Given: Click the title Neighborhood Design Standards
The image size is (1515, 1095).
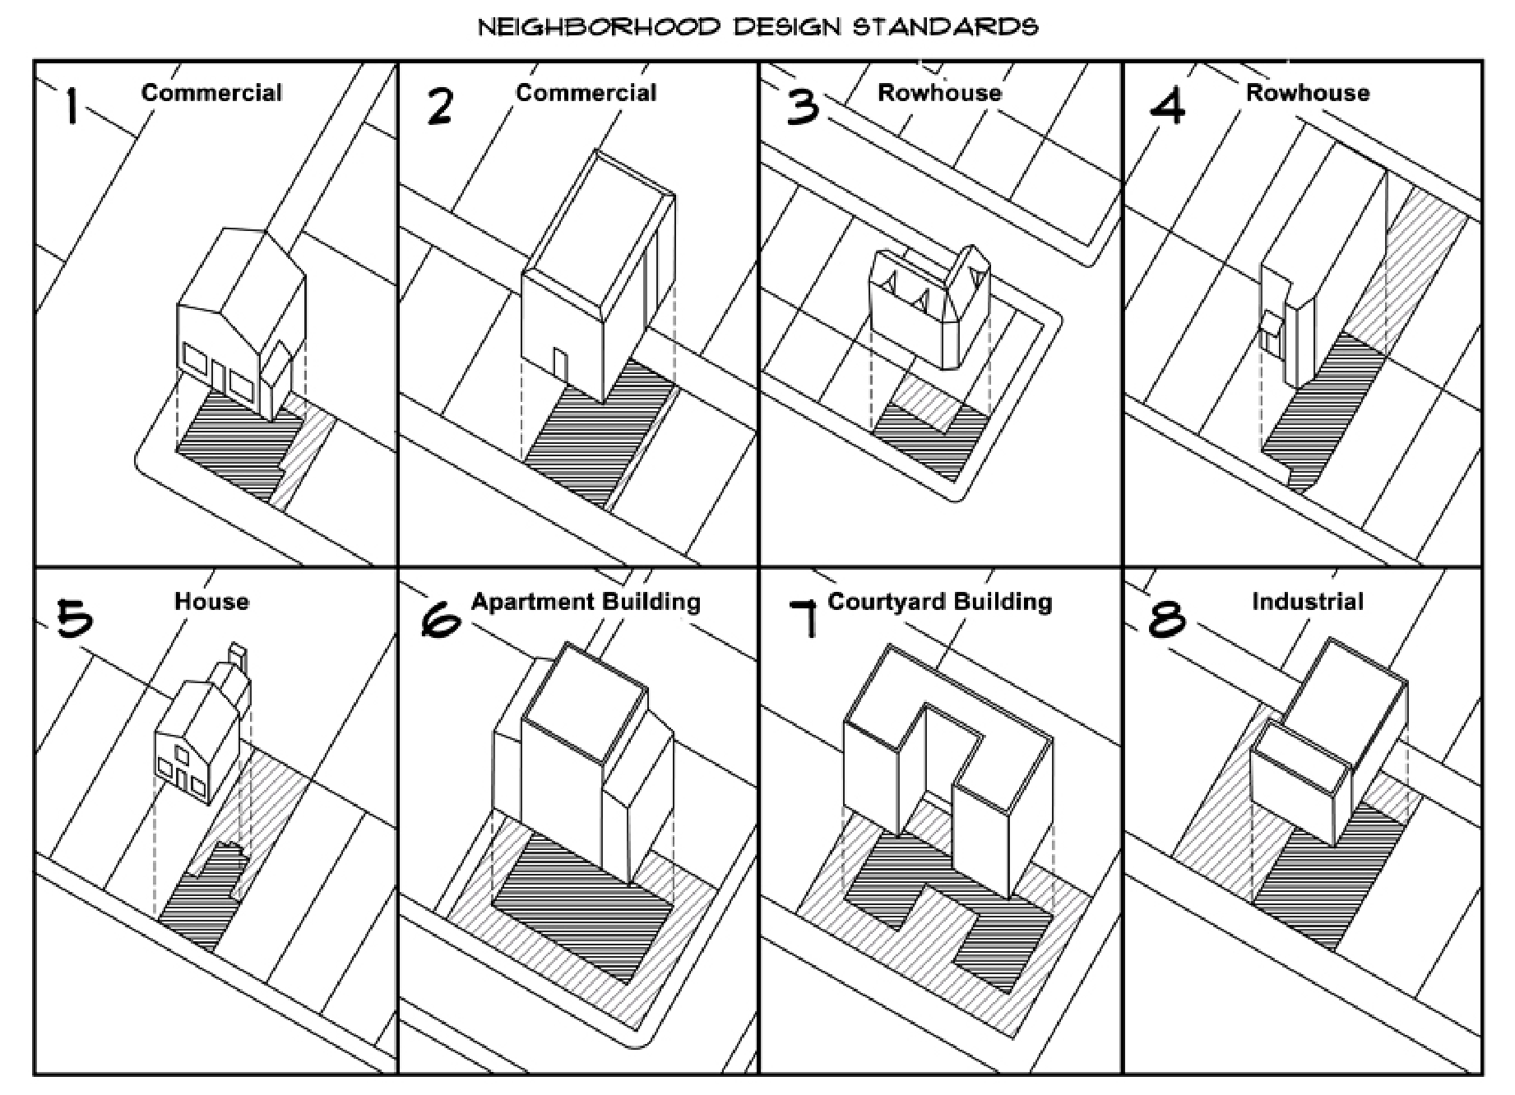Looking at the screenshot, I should [757, 26].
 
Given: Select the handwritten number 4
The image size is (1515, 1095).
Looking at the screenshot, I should [1167, 106].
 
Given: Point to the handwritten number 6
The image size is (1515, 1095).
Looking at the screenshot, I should [441, 617].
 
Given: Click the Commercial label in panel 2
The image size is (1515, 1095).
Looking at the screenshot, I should [586, 92].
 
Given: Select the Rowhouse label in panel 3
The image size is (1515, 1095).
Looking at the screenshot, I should [939, 92].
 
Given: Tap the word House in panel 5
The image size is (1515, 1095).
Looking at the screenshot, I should [211, 601].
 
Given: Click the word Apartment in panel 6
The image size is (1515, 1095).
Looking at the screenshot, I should [527, 601].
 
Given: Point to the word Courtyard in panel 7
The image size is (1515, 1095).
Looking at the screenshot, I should [885, 601].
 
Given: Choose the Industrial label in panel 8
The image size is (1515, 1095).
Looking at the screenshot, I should [1307, 601].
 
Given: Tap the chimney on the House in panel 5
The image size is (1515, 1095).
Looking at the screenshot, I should [239, 658].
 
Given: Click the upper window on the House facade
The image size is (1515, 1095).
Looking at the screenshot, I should [183, 753].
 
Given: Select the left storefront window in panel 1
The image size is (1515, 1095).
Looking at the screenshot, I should [196, 360].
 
